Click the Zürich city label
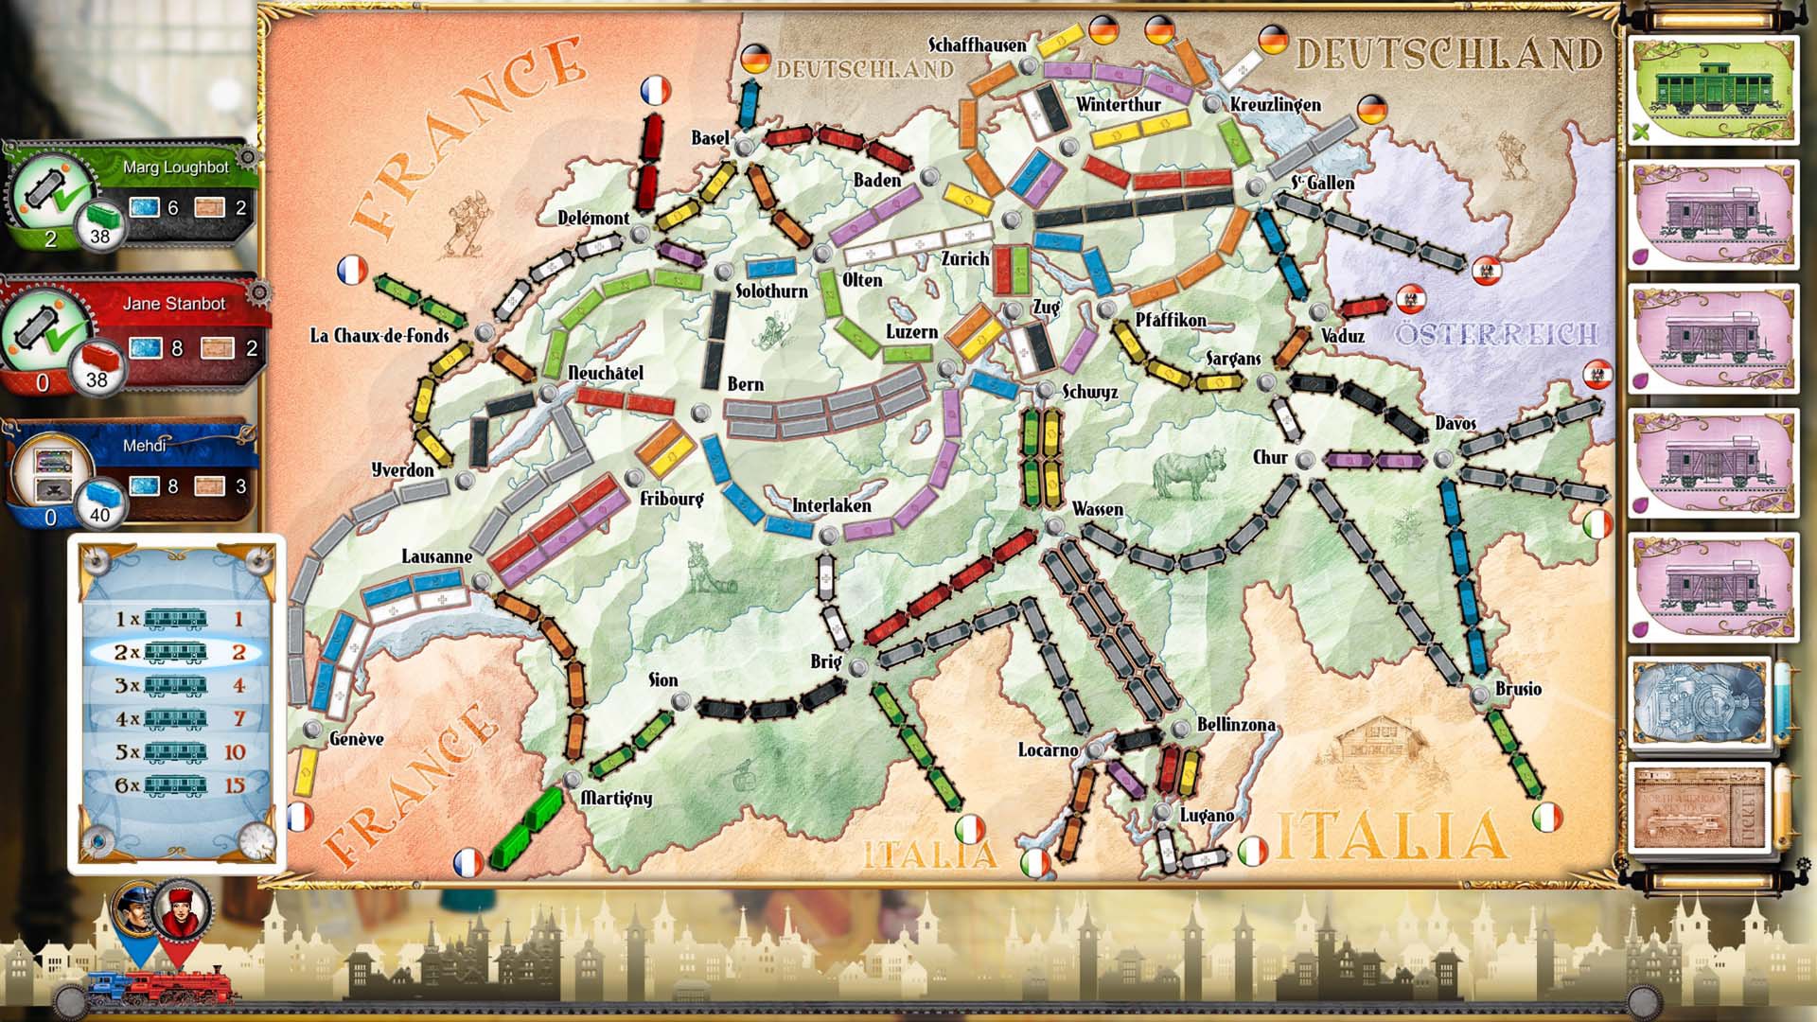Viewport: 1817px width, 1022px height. (964, 258)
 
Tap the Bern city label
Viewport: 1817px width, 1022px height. (745, 384)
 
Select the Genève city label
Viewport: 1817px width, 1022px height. (356, 739)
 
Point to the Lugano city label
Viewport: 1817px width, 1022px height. (1207, 815)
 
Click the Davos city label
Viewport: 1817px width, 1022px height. (1455, 423)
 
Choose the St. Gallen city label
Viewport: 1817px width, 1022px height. (1322, 183)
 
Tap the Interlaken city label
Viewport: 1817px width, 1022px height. (831, 505)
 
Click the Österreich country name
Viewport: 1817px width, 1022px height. (1495, 334)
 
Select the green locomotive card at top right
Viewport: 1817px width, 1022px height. (1712, 90)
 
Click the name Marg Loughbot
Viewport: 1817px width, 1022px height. (175, 167)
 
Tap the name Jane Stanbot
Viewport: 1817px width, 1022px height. (174, 304)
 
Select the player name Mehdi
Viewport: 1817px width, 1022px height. (144, 445)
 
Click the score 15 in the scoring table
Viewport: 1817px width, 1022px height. (234, 785)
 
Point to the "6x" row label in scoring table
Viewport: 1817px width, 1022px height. (127, 785)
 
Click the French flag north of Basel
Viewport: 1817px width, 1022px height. (655, 91)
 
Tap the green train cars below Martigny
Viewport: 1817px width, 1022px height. (526, 824)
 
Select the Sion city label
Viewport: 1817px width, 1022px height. (662, 680)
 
